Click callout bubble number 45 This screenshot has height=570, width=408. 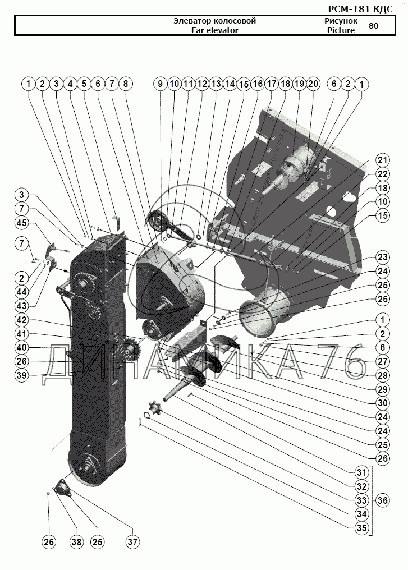coord(21,223)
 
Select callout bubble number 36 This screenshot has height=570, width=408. coord(382,500)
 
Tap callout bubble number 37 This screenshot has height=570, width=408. coord(133,542)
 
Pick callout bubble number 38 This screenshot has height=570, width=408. coord(76,542)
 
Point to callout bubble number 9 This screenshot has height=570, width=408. coord(160,84)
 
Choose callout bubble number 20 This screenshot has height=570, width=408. coord(313,84)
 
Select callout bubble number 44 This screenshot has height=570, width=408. coord(21,292)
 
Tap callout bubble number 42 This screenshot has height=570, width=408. coord(21,320)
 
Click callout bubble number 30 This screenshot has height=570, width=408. coord(382,402)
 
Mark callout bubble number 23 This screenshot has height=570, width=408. coord(382,258)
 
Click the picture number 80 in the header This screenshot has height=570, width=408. coord(374,25)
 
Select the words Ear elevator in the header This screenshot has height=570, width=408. coord(215,30)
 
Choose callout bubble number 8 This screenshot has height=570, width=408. coord(125,84)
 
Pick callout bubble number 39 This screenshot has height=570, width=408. coord(21,375)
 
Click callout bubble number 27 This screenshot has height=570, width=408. coord(382,361)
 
